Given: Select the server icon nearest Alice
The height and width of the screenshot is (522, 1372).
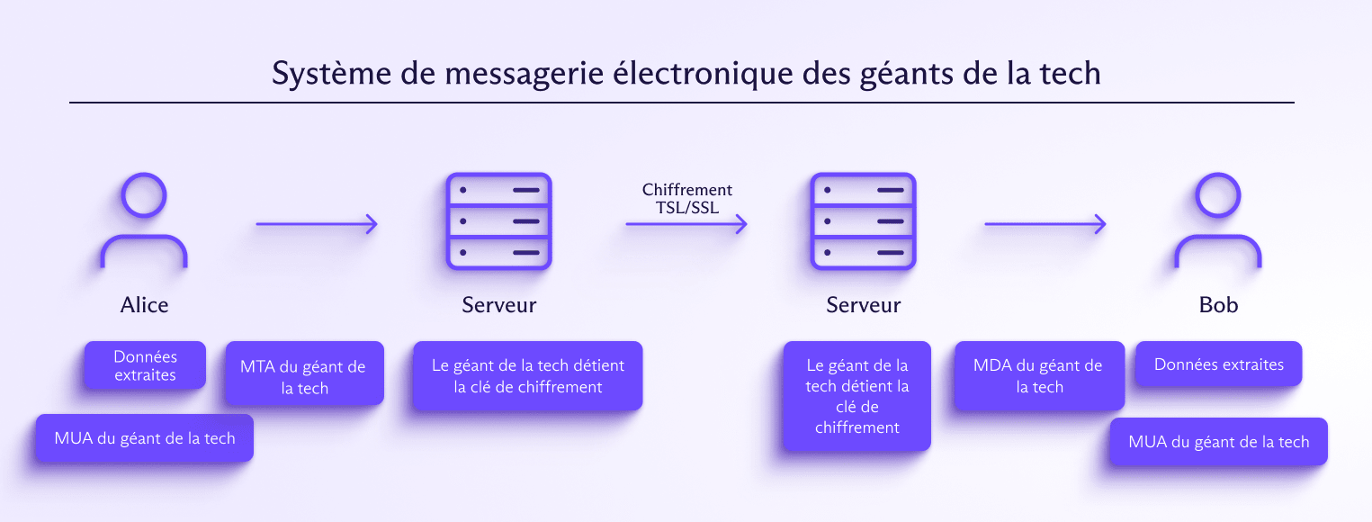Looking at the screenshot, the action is coord(499,220).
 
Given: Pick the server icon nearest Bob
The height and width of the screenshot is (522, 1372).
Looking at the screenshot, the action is coord(863,220).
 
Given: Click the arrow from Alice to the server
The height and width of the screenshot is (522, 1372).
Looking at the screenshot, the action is coord(317,225).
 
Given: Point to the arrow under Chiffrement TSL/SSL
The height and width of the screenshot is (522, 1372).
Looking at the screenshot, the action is coord(686,225).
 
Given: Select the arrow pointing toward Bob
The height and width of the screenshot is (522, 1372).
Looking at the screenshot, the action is coord(1045,225).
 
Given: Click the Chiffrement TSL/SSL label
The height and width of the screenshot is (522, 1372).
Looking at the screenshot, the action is coord(687,199).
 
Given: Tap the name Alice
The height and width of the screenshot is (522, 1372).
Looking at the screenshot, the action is coord(144,305).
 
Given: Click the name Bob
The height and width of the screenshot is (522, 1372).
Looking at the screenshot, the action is coord(1218,305).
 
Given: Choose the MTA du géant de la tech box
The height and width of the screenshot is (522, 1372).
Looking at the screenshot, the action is coord(303,377).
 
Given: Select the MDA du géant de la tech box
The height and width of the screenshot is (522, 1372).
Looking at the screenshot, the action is coord(1039,376).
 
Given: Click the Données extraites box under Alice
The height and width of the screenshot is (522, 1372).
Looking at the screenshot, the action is coord(145,365).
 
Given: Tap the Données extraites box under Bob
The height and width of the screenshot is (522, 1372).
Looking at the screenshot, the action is coord(1219,364).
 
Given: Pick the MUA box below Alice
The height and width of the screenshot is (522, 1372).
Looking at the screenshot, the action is coord(144,438).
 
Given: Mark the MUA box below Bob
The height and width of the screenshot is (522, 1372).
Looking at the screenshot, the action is coord(1218,442).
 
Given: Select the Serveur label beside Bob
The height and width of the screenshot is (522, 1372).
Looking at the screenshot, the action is coord(863,305).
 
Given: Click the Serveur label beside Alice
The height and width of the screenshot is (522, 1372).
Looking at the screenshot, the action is coord(499,305).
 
